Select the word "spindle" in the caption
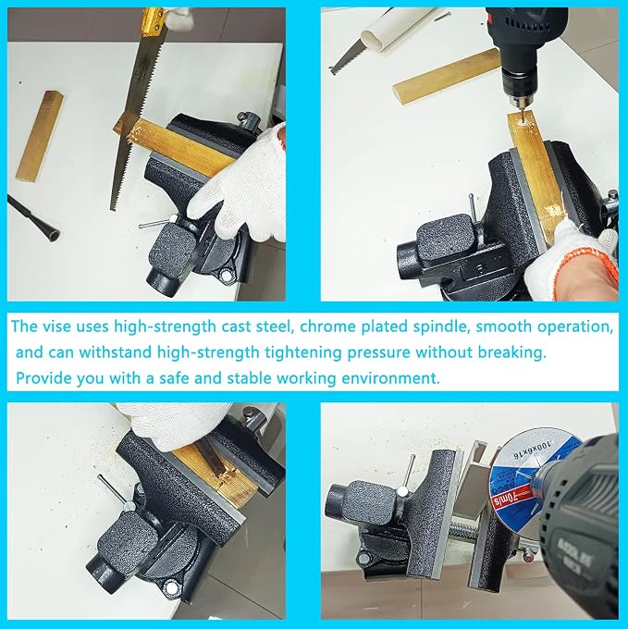tap(440, 327)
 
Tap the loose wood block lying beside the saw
tap(40, 136)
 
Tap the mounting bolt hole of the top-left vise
tap(227, 276)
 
